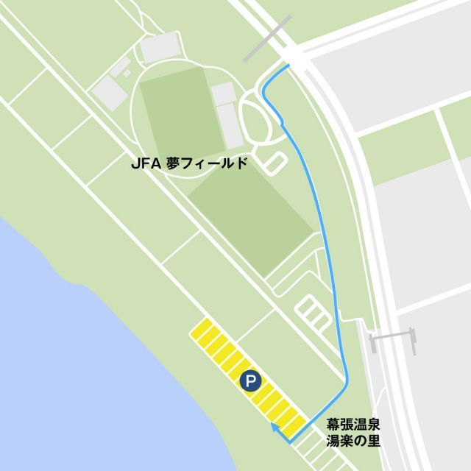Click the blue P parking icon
250,380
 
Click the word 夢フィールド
205,165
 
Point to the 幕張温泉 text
353,425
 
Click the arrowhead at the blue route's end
273,426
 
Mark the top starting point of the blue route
288,65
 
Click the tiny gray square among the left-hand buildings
126,74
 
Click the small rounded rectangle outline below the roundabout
274,163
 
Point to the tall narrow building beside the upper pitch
230,124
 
